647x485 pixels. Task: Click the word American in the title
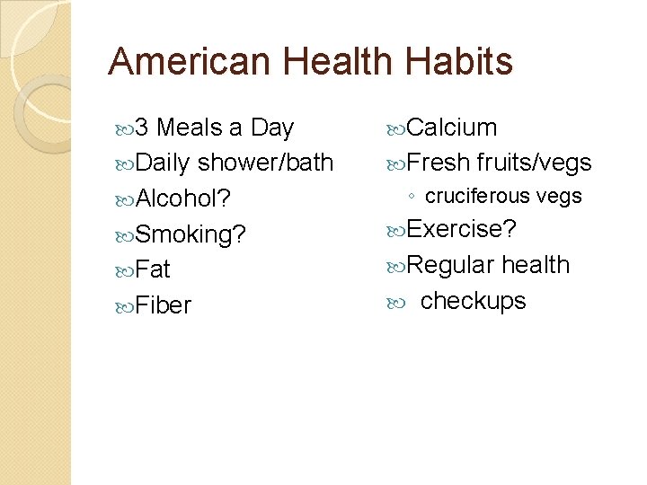pos(187,62)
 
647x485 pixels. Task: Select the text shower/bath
pos(265,163)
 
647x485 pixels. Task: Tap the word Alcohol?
pos(183,198)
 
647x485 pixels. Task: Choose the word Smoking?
pos(191,234)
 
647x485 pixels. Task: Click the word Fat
pos(154,269)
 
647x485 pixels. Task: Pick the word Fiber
pos(164,305)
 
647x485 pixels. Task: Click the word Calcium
pos(452,128)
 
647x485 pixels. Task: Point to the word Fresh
pos(439,163)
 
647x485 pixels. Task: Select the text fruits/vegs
pos(534,163)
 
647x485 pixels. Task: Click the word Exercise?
pos(462,229)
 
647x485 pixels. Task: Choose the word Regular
pos(450,265)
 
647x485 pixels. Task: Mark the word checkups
pos(473,300)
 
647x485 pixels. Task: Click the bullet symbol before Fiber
pos(127,306)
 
